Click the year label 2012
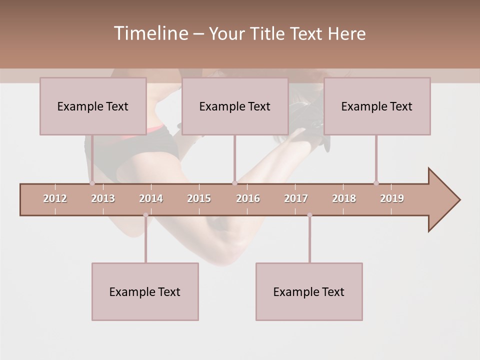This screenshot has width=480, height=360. [55, 198]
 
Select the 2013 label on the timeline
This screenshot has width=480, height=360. [103, 198]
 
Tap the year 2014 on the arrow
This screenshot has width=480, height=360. [151, 198]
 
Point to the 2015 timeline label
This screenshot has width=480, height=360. [199, 198]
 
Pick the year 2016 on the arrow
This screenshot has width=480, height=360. [248, 198]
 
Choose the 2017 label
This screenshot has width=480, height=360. [296, 198]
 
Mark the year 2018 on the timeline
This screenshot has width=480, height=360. [344, 198]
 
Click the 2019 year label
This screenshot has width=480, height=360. [392, 198]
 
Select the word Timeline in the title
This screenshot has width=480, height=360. [150, 33]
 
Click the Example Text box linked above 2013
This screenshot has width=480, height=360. [93, 106]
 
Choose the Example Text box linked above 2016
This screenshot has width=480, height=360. [235, 106]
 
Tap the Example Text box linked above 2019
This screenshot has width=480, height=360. [377, 106]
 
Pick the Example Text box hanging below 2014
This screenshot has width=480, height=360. [145, 291]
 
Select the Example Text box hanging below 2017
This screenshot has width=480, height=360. [309, 291]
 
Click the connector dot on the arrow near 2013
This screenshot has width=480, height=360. [92, 183]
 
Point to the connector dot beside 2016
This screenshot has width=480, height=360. [234, 183]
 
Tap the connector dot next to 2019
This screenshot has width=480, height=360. [376, 183]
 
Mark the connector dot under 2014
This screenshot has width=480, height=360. [145, 215]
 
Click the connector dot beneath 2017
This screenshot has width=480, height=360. [309, 215]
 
